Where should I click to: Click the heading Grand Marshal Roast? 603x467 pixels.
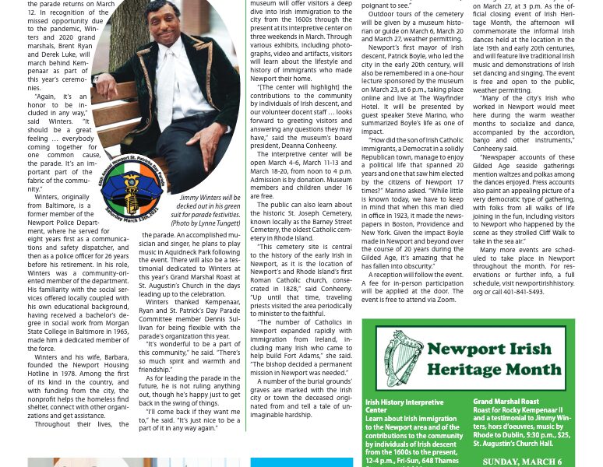coord(506,402)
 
